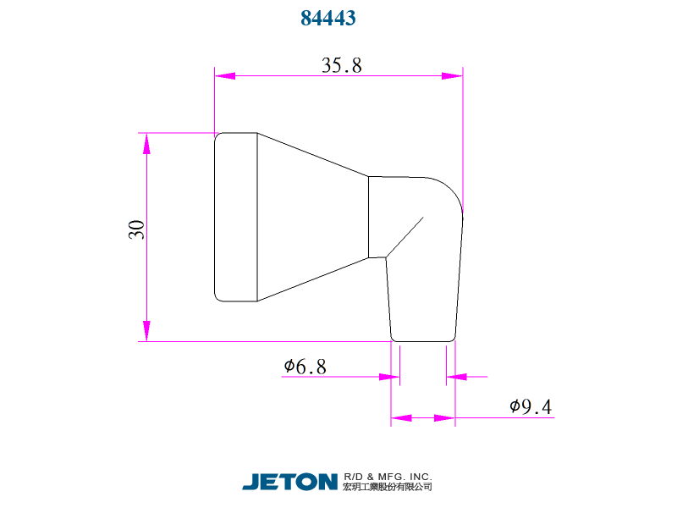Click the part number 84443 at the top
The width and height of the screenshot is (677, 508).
click(327, 18)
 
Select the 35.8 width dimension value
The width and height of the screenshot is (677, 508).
click(341, 65)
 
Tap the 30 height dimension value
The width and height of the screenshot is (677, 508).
click(136, 229)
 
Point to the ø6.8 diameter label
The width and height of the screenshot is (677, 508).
click(305, 367)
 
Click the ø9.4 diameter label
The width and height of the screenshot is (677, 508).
click(531, 407)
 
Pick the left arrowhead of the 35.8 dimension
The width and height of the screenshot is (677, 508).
click(225, 76)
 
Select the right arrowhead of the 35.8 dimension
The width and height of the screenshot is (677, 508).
click(453, 76)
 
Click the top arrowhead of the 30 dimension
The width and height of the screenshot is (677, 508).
click(146, 143)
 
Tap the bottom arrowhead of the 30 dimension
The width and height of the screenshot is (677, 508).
click(146, 331)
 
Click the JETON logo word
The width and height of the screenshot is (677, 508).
click(290, 481)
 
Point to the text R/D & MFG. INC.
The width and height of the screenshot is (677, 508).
click(388, 476)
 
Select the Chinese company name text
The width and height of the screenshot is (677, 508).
click(388, 487)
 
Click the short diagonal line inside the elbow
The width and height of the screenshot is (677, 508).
click(405, 236)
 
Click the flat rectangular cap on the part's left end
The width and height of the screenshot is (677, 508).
click(236, 217)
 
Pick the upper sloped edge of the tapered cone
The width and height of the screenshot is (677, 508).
click(312, 155)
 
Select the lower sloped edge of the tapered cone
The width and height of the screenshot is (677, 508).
click(312, 279)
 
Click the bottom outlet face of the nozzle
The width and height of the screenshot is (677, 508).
click(423, 341)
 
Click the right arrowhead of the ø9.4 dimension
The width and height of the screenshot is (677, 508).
click(445, 418)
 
